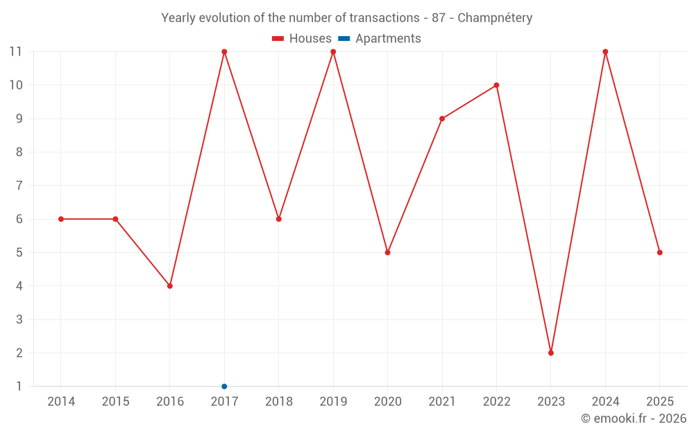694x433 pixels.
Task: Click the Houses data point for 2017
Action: (x=224, y=52)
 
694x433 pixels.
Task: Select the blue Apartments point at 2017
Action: (x=224, y=386)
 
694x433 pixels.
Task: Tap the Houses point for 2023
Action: (x=551, y=353)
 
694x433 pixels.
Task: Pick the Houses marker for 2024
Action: (x=605, y=52)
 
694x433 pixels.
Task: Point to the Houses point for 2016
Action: (x=170, y=285)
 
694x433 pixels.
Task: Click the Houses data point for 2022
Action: (x=496, y=85)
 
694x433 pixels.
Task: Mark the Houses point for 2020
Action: (x=387, y=252)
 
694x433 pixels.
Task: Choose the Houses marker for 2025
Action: (x=659, y=252)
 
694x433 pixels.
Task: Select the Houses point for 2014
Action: (x=61, y=219)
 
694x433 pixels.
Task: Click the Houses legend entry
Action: (x=302, y=39)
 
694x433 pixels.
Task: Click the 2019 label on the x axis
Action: (x=333, y=402)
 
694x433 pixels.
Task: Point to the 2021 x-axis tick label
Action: (x=442, y=402)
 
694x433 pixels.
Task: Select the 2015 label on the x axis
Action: (x=115, y=402)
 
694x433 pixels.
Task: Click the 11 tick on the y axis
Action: (x=15, y=52)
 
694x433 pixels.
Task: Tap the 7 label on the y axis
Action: (x=19, y=186)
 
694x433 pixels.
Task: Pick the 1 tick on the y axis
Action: (x=19, y=386)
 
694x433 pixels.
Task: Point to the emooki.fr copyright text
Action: (x=633, y=418)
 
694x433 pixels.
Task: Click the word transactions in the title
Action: (x=389, y=18)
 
